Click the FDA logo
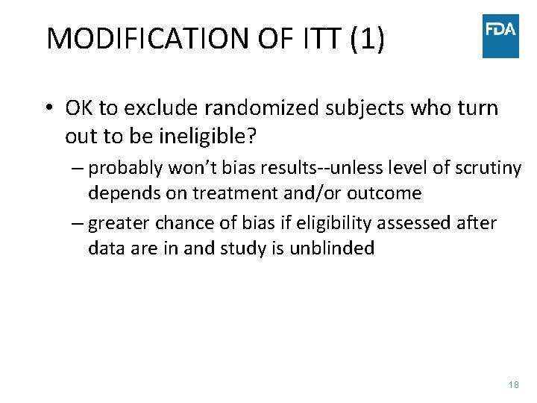point(500,36)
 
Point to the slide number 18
point(513,384)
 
